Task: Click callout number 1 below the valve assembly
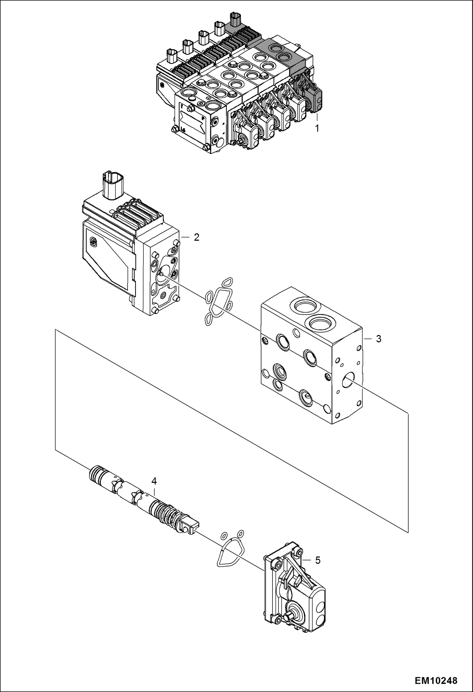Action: (317, 128)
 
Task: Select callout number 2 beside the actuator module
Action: (196, 237)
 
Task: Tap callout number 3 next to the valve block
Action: (378, 339)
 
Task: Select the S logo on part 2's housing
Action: (94, 241)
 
